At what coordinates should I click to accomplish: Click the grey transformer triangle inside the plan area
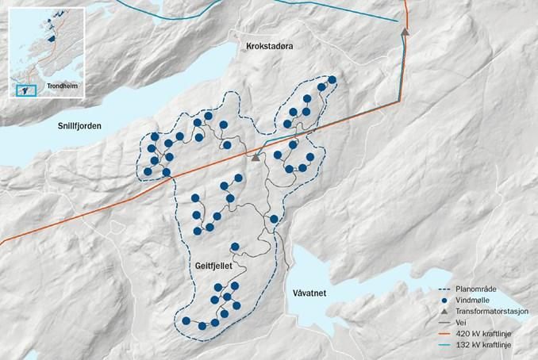(256, 158)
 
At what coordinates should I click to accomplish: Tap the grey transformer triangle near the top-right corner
(405, 32)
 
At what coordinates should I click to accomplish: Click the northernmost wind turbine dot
(332, 79)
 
